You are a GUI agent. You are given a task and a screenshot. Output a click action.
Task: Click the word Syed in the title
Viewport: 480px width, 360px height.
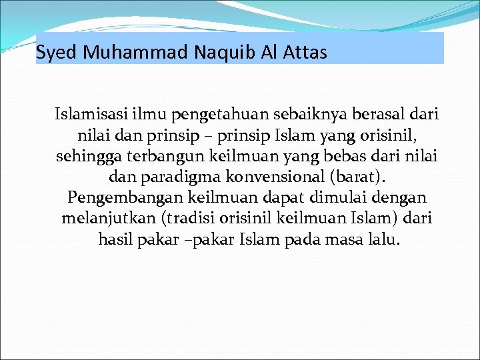coord(58,52)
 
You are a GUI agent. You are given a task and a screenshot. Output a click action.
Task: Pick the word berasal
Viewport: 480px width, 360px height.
coord(369,116)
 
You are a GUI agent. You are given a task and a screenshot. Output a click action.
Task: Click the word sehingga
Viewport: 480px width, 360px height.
coord(86,157)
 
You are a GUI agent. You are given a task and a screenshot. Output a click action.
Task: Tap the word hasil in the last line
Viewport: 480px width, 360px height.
coord(113,240)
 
